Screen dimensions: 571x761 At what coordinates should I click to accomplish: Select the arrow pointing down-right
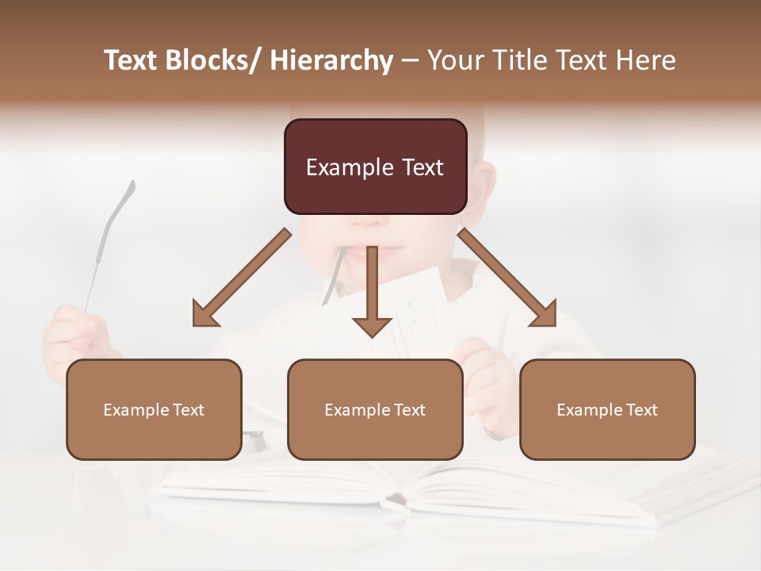click(x=508, y=278)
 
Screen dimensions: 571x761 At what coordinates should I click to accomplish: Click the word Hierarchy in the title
click(x=331, y=61)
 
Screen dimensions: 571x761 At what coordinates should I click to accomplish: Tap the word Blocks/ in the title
click(x=215, y=61)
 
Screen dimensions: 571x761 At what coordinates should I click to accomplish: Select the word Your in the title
click(x=453, y=61)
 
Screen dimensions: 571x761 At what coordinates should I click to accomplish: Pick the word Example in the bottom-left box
click(x=136, y=410)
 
